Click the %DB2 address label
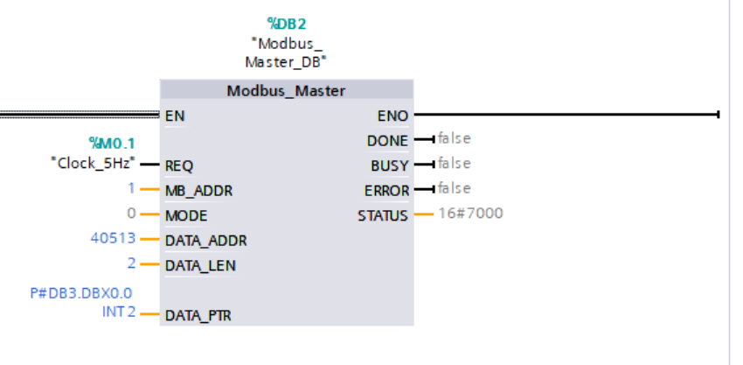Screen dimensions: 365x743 tap(287, 23)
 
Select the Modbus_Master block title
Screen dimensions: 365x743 tap(286, 90)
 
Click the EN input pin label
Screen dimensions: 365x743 tap(175, 115)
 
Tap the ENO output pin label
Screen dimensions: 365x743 tap(392, 115)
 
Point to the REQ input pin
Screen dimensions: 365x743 tap(178, 165)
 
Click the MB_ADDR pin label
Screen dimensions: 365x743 tap(198, 190)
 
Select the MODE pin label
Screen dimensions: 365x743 tap(186, 215)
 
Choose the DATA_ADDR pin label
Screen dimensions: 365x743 tap(204, 240)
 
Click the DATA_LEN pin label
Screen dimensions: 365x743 tap(200, 265)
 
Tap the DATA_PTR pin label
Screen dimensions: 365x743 tap(199, 315)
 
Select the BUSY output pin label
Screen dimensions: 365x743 tap(390, 165)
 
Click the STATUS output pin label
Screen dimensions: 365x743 tap(383, 215)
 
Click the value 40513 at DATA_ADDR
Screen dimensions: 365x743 tap(112, 238)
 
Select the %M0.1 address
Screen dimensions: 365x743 tap(113, 143)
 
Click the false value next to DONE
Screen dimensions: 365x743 tap(455, 138)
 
